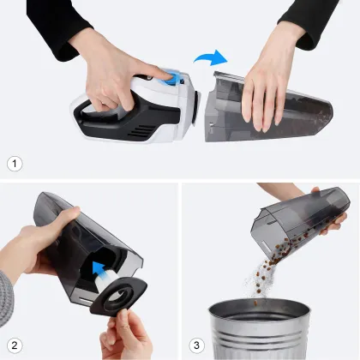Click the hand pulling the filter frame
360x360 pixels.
point(129,339)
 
